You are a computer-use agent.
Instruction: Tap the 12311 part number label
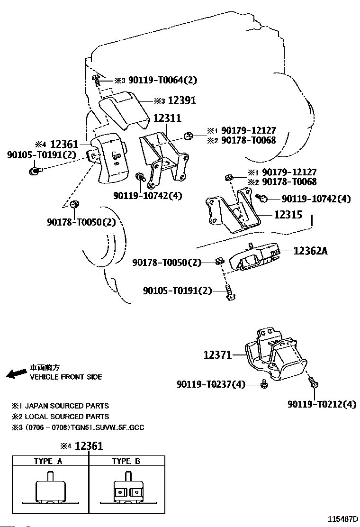pyautogui.click(x=166, y=118)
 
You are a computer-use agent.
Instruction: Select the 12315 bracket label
pyautogui.click(x=288, y=215)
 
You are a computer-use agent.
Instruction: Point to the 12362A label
pyautogui.click(x=310, y=251)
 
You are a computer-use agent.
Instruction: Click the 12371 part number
pyautogui.click(x=218, y=354)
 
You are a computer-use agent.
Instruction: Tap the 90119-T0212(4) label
pyautogui.click(x=322, y=404)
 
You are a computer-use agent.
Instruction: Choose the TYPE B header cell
pyautogui.click(x=126, y=461)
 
